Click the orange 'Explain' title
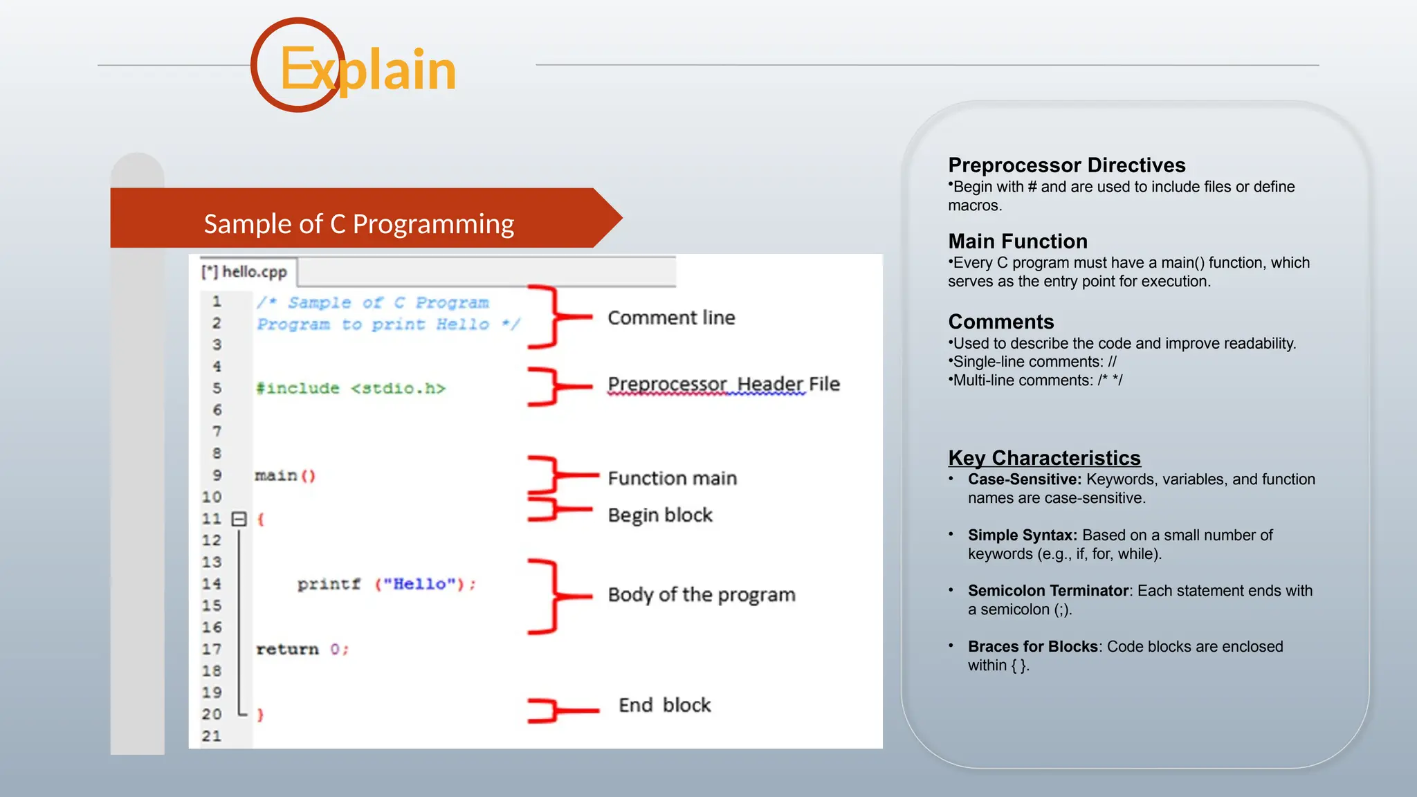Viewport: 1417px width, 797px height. pos(367,70)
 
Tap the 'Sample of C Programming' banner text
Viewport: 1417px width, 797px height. pos(358,224)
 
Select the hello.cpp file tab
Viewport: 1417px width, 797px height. pos(244,272)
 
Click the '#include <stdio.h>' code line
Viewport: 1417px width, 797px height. pos(350,388)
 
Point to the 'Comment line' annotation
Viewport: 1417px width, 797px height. pos(670,318)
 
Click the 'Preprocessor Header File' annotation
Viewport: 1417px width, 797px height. pos(723,384)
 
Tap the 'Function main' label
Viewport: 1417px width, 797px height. pos(672,478)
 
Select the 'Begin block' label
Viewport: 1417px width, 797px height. pos(659,515)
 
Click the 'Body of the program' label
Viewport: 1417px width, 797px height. pos(701,594)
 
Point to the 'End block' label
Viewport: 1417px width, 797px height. pos(664,705)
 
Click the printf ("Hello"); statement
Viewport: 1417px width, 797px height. pos(386,584)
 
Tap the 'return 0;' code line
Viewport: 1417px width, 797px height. pos(302,649)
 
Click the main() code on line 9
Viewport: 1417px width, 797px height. pos(284,475)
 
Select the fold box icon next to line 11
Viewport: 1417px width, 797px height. pos(239,519)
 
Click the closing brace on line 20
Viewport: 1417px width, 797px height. pos(260,715)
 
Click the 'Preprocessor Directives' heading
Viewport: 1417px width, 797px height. pos(1066,165)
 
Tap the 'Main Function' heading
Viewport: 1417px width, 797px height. pos(1017,241)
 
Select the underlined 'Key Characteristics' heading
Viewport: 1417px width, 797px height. pos(1043,458)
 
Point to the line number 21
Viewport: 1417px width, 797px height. pos(212,736)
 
